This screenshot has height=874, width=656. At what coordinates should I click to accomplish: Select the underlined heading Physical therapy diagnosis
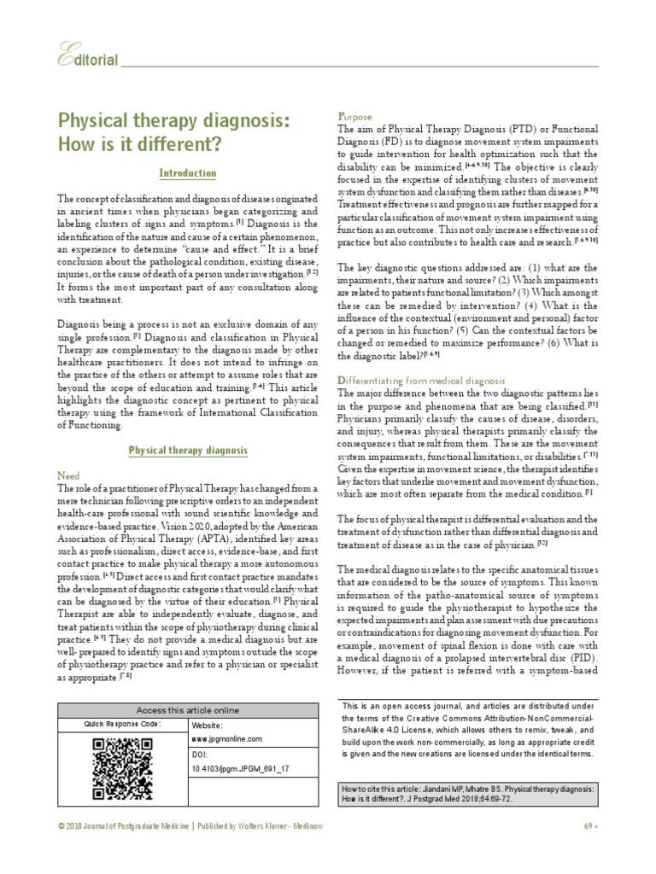[x=188, y=449]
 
